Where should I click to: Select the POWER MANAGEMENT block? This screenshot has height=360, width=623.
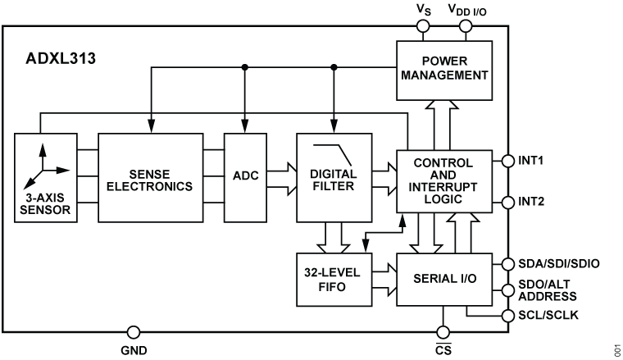[x=443, y=69]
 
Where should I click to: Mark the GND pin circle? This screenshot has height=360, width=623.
[x=132, y=332]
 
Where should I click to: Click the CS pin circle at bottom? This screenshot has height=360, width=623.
[x=443, y=332]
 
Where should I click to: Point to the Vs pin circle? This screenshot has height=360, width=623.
[x=425, y=26]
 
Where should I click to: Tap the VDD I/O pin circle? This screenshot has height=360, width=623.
[x=466, y=26]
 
